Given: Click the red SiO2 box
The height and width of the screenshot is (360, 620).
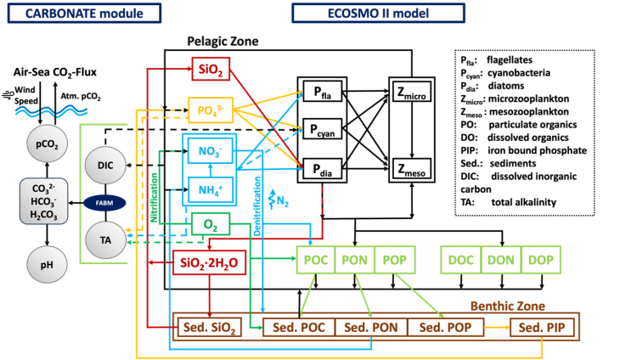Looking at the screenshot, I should (x=210, y=69).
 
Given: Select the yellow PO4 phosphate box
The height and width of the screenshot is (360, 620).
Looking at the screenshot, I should (x=210, y=110).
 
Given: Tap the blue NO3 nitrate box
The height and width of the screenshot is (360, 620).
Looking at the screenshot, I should (x=210, y=152).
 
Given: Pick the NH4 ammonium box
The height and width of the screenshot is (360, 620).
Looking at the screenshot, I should (x=210, y=188).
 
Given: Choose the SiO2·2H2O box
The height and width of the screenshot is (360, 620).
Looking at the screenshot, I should (x=210, y=263).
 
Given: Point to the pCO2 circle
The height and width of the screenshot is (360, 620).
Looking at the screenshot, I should (x=46, y=144).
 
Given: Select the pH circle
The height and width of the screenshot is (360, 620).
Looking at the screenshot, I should (x=46, y=266).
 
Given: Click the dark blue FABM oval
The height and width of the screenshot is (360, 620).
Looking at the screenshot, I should (x=104, y=203).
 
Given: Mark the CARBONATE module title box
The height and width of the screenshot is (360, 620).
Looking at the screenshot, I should (x=81, y=13).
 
